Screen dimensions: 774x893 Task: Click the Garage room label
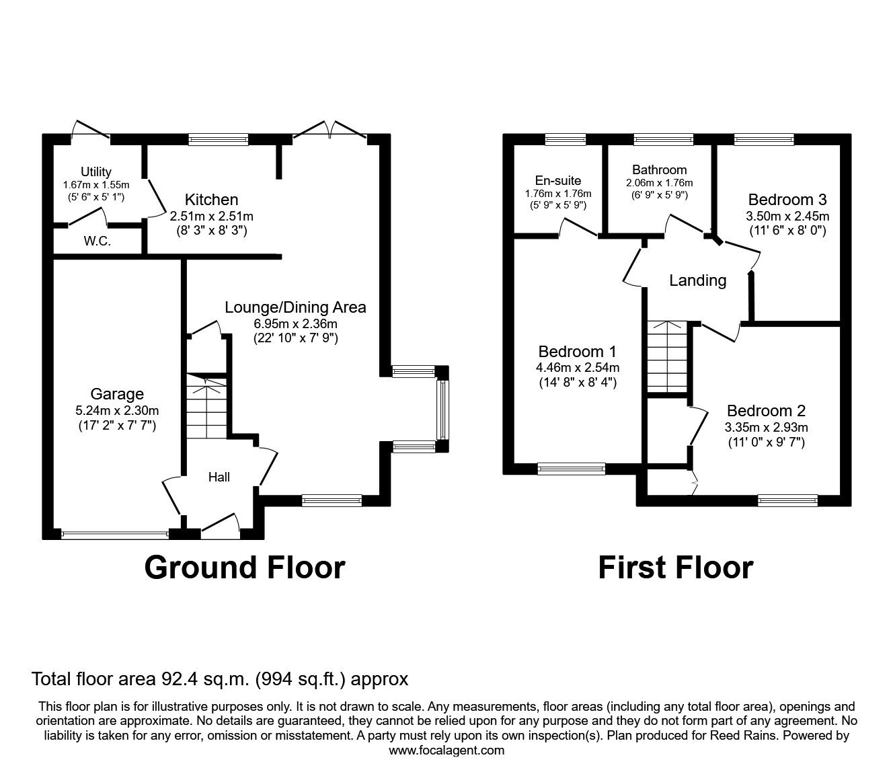click(117, 394)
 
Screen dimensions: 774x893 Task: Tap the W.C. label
click(98, 241)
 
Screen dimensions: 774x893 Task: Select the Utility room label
click(96, 172)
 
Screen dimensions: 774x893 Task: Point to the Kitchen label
click(212, 200)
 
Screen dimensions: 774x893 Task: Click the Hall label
click(219, 477)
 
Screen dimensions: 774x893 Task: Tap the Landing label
click(697, 280)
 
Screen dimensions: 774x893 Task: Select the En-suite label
click(558, 180)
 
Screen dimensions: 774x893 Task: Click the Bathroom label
click(659, 170)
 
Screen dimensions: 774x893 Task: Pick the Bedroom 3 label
click(787, 200)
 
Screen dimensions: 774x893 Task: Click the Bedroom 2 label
click(766, 411)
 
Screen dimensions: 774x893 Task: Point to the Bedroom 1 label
click(578, 352)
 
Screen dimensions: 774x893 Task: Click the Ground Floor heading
click(245, 567)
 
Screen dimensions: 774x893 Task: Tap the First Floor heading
click(675, 567)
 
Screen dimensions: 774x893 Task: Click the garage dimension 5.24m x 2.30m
click(117, 410)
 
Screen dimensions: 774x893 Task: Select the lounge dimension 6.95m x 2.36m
click(295, 323)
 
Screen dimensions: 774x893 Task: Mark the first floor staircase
click(666, 356)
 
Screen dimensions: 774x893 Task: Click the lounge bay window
click(442, 409)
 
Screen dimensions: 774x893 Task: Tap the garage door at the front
click(114, 535)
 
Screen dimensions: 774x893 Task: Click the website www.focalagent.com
click(446, 750)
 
